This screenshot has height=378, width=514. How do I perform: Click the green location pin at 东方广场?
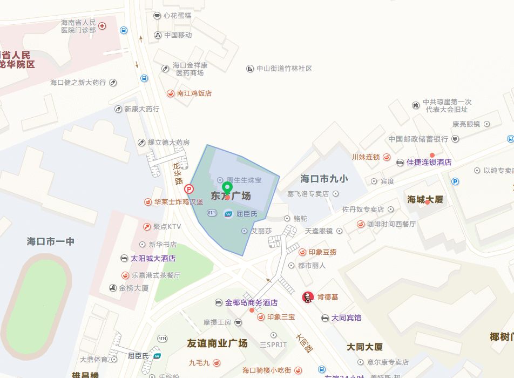click(x=227, y=188)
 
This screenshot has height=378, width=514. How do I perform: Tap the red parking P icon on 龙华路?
click(x=189, y=189)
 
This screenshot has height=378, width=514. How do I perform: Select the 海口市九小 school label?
click(x=324, y=179)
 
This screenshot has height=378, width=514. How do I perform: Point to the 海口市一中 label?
click(x=51, y=241)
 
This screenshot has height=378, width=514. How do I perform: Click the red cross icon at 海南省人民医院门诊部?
click(x=102, y=26)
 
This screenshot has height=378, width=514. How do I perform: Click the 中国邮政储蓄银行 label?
click(x=418, y=139)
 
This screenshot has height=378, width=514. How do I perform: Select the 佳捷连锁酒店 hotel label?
click(x=429, y=162)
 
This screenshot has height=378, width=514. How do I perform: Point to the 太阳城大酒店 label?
click(x=153, y=258)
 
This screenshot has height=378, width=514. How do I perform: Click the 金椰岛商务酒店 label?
click(x=251, y=302)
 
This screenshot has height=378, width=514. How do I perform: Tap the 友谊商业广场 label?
click(x=217, y=343)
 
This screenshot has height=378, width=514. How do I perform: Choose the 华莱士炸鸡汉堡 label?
click(x=178, y=202)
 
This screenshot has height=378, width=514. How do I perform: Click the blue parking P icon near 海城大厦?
click(x=455, y=181)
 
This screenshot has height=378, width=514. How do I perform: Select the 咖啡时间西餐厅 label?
click(x=391, y=224)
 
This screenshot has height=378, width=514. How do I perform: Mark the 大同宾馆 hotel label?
click(x=346, y=318)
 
